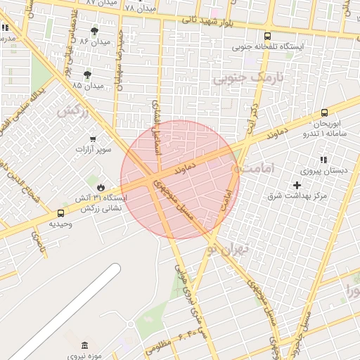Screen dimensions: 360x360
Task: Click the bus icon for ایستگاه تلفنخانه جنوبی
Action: coord(267,37)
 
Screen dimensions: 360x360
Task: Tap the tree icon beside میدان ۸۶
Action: coord(95,32)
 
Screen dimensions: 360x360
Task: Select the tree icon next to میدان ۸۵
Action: coord(88,75)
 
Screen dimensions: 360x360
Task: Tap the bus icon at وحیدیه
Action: coord(60,213)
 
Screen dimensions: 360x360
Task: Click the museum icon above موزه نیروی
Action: coord(85,345)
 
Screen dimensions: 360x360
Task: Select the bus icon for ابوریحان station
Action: coord(324,112)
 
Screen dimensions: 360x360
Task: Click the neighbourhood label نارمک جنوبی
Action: coord(248,79)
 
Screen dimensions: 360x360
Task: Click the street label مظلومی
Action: coord(159,346)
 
